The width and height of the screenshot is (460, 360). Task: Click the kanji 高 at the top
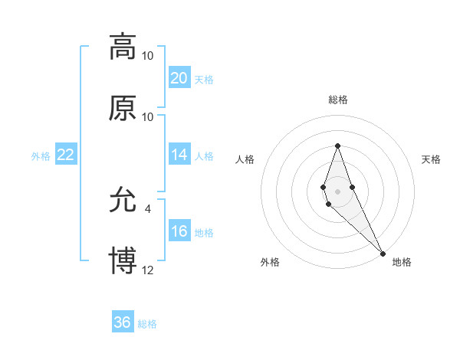point(123,46)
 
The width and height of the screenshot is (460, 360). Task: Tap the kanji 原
point(123,108)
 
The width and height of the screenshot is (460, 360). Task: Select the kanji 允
point(123,201)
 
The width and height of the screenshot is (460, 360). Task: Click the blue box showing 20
point(179,77)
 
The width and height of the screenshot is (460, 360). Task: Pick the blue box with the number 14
point(179,155)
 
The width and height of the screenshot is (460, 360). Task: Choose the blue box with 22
point(66,155)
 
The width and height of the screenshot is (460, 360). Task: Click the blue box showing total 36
point(123,322)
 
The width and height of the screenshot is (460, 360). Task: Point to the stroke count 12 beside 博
point(148,270)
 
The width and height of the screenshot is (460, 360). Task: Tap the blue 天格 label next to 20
point(204,79)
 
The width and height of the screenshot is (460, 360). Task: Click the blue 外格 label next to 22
point(41,156)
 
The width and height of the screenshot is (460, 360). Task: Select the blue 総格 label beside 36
point(147,324)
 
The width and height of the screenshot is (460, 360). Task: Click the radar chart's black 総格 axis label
point(337,100)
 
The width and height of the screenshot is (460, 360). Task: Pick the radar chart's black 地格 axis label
point(402,263)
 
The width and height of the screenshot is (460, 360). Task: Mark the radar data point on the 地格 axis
point(383,253)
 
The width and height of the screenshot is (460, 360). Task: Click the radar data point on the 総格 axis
point(337,146)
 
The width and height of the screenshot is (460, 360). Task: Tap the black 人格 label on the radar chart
point(245,159)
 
